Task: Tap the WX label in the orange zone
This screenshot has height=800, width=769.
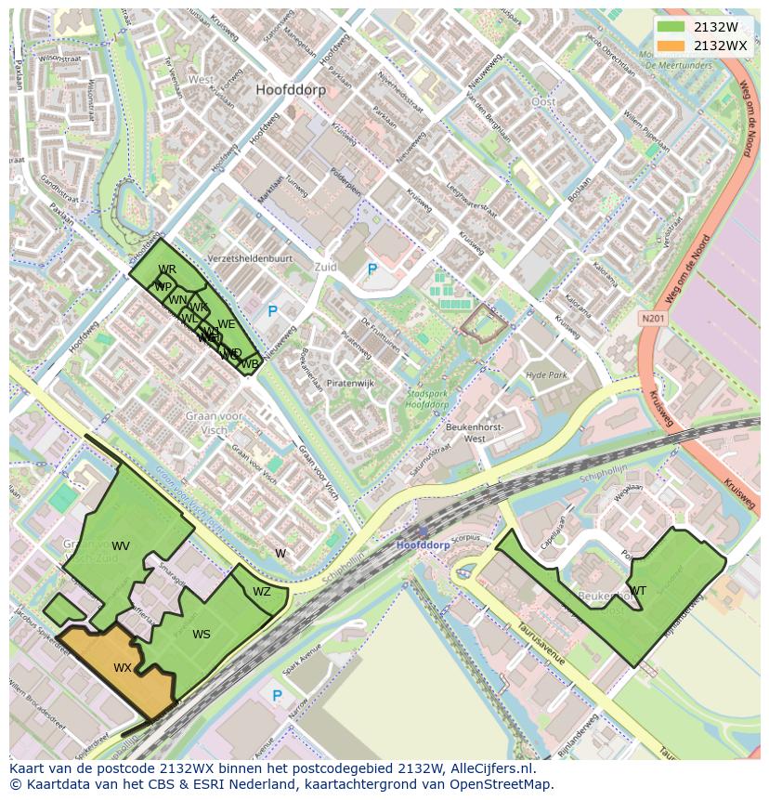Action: pyautogui.click(x=123, y=668)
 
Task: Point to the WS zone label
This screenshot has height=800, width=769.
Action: pyautogui.click(x=202, y=635)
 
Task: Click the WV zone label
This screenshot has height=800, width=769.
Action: pyautogui.click(x=121, y=545)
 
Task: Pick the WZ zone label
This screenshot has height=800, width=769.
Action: pyautogui.click(x=262, y=592)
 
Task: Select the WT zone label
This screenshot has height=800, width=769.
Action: pyautogui.click(x=638, y=590)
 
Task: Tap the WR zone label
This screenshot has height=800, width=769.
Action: pyautogui.click(x=167, y=270)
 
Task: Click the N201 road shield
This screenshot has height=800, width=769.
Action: pyautogui.click(x=653, y=319)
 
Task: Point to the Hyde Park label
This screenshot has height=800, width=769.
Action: pyautogui.click(x=546, y=374)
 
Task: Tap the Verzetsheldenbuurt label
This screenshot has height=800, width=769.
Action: pyautogui.click(x=250, y=259)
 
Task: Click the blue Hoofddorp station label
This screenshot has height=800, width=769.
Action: pyautogui.click(x=423, y=544)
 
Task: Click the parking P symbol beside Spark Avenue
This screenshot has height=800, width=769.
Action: pyautogui.click(x=276, y=695)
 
